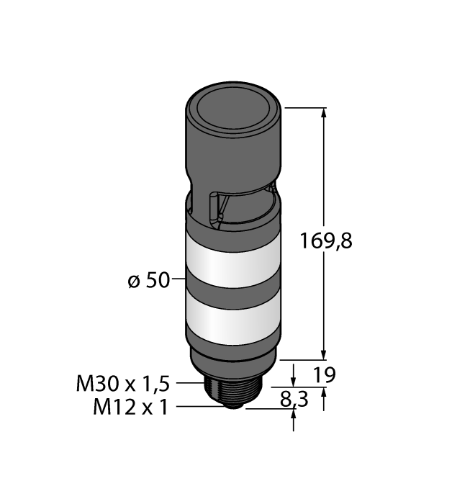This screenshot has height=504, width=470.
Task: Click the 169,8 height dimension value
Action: [325, 240]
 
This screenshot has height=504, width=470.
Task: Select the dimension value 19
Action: [326, 375]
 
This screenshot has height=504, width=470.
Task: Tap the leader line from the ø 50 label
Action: [179, 279]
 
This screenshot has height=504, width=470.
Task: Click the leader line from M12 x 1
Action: [198, 408]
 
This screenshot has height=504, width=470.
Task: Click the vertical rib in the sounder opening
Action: [213, 209]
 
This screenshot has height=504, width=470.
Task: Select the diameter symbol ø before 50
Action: [133, 280]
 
